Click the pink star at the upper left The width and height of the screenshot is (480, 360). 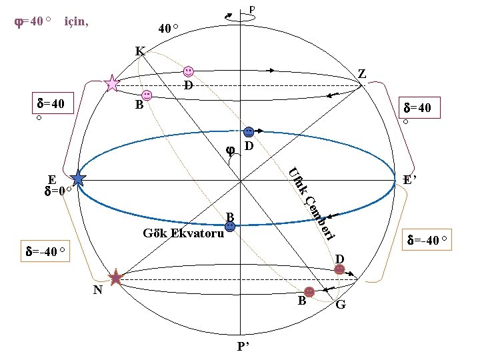112,83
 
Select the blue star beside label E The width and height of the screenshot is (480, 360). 79,178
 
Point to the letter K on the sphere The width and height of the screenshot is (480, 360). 139,51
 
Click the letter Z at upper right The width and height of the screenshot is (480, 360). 361,74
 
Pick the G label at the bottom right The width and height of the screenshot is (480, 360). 341,305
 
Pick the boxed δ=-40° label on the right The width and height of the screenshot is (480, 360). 430,239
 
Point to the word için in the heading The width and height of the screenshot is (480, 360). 76,21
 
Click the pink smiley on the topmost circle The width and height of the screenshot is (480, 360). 189,71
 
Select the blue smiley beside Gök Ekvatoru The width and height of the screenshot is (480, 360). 230,227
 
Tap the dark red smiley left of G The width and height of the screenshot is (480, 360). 309,291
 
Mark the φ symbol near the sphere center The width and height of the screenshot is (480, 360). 230,150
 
